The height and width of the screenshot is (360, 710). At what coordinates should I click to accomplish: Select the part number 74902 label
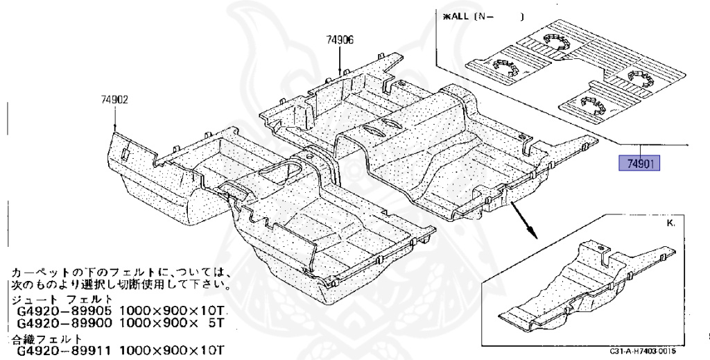pyautogui.click(x=112, y=100)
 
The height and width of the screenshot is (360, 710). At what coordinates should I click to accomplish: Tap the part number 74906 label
pyautogui.click(x=340, y=40)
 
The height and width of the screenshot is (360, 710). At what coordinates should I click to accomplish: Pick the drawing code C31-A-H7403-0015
pyautogui.click(x=643, y=352)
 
